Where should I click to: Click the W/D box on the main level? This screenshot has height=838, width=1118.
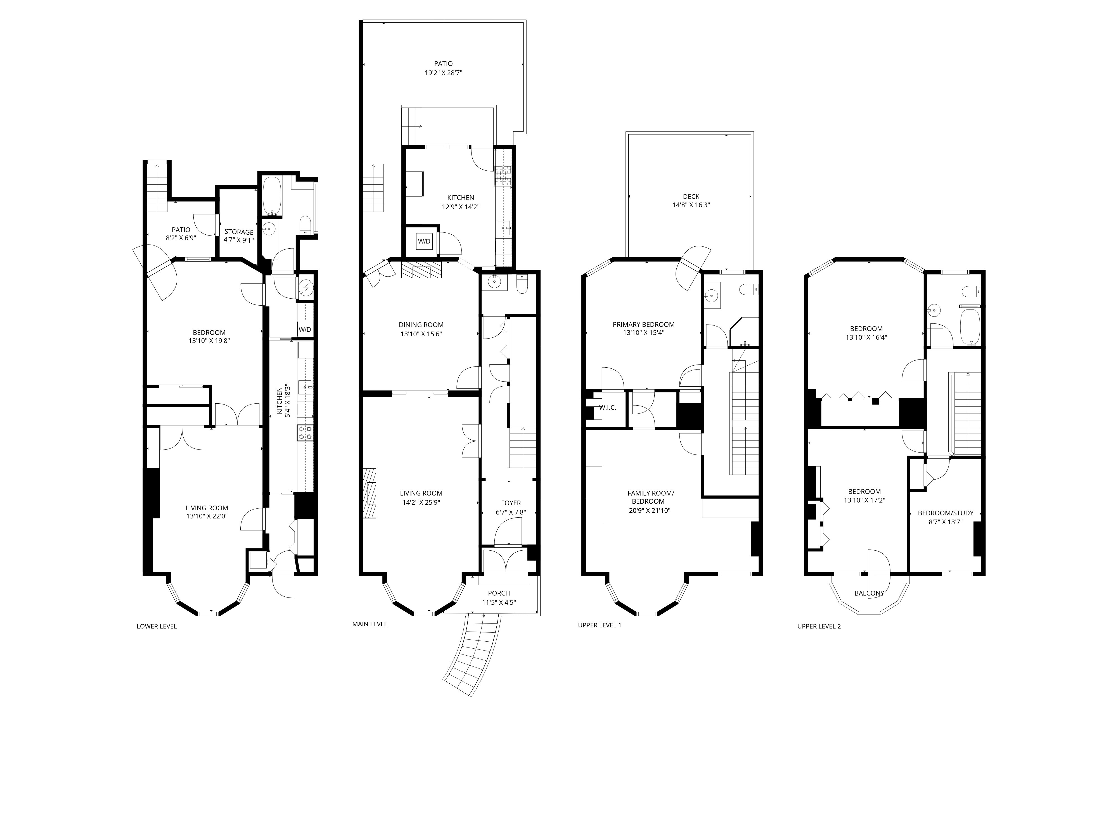(x=424, y=241)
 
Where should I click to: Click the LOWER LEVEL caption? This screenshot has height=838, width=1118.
(x=157, y=626)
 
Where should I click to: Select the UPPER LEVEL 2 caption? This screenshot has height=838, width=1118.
(x=819, y=626)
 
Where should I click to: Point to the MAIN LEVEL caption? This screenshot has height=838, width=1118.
(x=369, y=624)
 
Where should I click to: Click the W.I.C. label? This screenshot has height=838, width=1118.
(x=608, y=408)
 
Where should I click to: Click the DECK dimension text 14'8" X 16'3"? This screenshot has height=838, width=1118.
(x=691, y=205)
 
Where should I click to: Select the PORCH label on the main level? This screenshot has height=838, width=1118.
(x=499, y=593)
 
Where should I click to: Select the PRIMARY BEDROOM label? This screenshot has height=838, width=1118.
(x=643, y=324)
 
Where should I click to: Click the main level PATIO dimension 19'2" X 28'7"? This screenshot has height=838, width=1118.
(x=443, y=73)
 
